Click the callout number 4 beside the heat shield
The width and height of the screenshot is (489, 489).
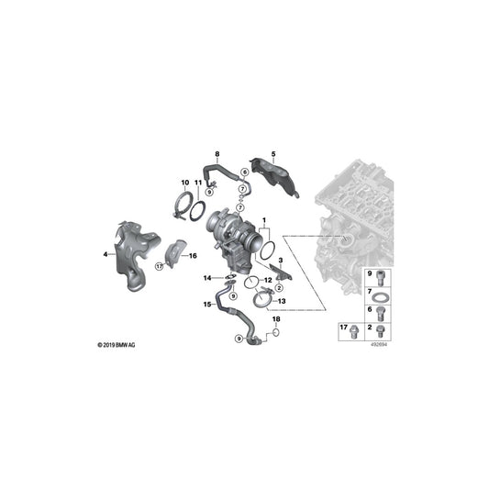point(106,254)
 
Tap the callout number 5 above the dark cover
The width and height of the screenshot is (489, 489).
point(273,154)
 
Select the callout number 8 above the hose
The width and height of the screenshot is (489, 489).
point(217,154)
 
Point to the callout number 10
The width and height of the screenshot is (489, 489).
point(185,183)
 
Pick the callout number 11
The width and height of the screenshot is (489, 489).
point(198,183)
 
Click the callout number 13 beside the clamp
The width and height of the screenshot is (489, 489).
point(282,301)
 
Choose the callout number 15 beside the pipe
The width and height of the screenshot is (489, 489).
point(207,304)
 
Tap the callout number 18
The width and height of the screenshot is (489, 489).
point(276,319)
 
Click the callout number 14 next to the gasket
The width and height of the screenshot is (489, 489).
point(207,278)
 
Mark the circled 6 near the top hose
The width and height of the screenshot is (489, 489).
point(244,172)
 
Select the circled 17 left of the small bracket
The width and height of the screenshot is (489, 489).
point(160,266)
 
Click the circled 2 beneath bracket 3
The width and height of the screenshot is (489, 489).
point(280,287)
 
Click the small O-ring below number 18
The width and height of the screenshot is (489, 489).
point(275,332)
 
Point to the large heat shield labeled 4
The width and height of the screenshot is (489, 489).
point(136,254)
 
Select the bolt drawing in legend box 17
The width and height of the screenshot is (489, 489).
point(354,332)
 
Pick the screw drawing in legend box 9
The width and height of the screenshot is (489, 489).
point(381,278)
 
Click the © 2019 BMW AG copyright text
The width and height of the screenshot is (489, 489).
point(117,345)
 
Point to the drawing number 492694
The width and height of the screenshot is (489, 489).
point(379,345)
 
